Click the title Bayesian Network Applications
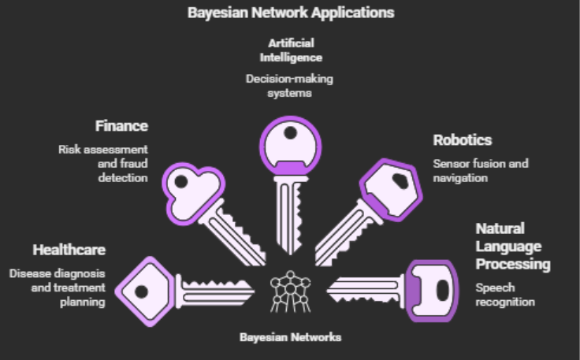(x=290, y=13)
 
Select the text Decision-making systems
(x=290, y=86)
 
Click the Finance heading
(x=121, y=125)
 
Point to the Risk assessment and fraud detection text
(x=102, y=163)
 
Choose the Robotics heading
(x=463, y=140)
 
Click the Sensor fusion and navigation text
(x=480, y=171)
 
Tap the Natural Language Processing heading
(x=512, y=246)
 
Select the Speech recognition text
(x=504, y=295)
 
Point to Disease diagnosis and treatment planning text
(x=58, y=288)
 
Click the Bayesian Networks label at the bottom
(x=291, y=337)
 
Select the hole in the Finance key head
(x=181, y=182)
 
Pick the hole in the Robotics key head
(x=400, y=180)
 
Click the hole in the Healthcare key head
(x=140, y=291)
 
